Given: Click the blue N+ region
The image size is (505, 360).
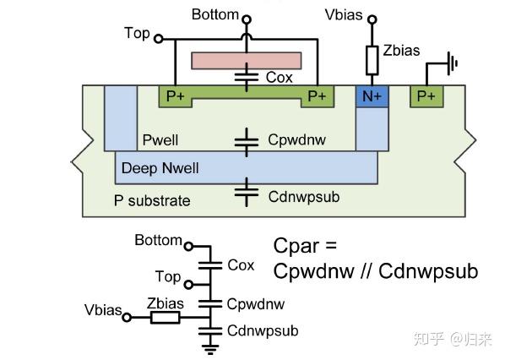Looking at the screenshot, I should point(372,96).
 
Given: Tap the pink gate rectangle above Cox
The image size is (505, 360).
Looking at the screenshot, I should point(246,61).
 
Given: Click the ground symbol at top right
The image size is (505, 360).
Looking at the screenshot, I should point(452,62).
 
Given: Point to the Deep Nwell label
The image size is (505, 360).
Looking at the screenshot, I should point(160,168).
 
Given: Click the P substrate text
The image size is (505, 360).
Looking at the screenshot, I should point(152,200).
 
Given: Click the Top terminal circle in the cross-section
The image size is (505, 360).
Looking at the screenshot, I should point(158,38).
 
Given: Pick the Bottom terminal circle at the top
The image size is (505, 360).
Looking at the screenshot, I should point(246,19).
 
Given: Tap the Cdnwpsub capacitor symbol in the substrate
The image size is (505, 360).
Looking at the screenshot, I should point(246,194).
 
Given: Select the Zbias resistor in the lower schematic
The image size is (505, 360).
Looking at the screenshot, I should point(164,318).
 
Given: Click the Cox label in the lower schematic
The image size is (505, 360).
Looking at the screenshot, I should point(241,265).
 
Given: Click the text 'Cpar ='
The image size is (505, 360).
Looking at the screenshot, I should point(305,245).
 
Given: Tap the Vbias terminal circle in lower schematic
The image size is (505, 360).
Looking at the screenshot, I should point(127,318).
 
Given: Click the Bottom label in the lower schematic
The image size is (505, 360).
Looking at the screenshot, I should point(158,241).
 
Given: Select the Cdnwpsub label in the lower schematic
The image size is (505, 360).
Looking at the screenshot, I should point(263,330).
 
